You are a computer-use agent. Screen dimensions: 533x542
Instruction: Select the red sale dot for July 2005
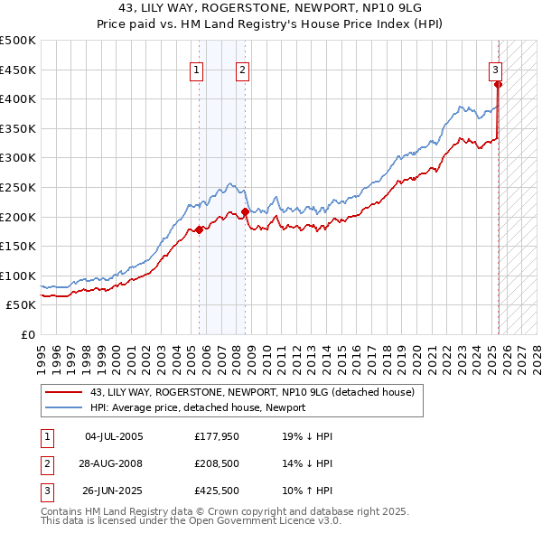tap(200, 229)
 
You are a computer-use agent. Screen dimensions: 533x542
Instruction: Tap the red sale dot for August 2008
tap(246, 211)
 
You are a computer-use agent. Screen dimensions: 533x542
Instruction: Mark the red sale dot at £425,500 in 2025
tap(498, 84)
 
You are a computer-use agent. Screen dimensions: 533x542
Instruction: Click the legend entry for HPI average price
tap(197, 407)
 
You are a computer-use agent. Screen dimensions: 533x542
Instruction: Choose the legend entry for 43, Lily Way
tap(251, 392)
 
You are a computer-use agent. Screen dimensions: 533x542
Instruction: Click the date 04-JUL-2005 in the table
tap(113, 436)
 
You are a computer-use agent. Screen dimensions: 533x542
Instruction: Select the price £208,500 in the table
tap(218, 464)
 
